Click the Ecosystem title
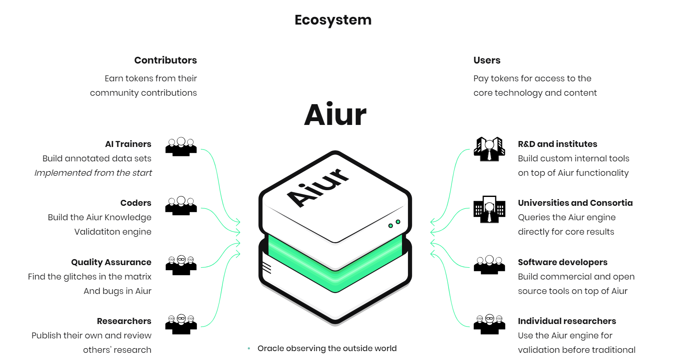pos(333,20)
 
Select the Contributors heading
pos(165,60)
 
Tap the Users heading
pos(487,60)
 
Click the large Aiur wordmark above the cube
pos(335,115)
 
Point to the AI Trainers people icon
pos(181,147)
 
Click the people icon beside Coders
pos(181,206)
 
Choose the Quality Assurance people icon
pos(181,265)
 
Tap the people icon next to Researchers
pos(181,324)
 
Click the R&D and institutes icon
pos(489,149)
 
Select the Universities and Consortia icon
pos(489,209)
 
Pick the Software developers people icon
pos(489,265)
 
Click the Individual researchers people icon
pos(489,324)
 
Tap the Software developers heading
pos(563,262)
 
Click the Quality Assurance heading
pos(111,262)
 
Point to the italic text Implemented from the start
pos(93,173)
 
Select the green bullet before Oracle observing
pos(249,349)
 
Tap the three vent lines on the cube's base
pos(267,268)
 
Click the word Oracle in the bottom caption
pos(271,349)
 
